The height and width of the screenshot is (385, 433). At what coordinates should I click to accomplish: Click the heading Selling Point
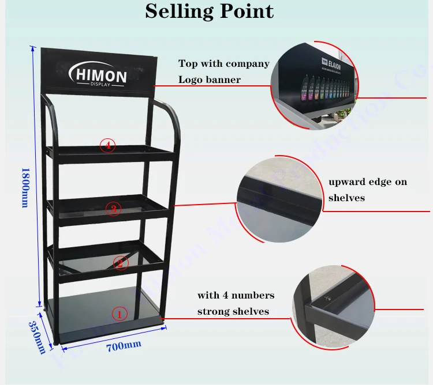(210, 11)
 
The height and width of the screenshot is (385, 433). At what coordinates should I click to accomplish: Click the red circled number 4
(107, 145)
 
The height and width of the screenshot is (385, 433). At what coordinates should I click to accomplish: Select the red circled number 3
(113, 209)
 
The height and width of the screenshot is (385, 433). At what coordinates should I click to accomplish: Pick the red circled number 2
(120, 263)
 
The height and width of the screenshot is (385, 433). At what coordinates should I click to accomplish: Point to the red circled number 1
(118, 314)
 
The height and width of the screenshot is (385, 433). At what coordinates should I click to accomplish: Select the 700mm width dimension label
(124, 345)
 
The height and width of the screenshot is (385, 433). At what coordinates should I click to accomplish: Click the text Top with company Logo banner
(223, 71)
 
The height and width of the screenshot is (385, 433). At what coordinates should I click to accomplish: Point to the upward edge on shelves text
(367, 190)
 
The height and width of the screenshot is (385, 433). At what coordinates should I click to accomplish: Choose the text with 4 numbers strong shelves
(236, 303)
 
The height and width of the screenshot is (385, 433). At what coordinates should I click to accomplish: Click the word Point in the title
(245, 11)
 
